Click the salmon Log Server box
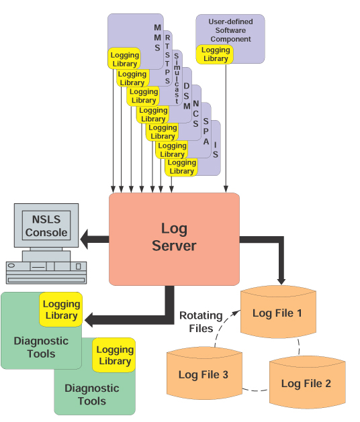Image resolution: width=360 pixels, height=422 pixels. [174, 238]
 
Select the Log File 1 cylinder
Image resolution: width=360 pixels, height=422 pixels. [278, 313]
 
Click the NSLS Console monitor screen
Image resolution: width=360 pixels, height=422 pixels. [46, 226]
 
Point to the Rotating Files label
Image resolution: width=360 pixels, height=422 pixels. [196, 322]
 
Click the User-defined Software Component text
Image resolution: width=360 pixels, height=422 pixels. [230, 30]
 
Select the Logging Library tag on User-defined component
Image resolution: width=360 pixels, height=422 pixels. [215, 54]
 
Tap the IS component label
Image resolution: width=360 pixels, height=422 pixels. [216, 149]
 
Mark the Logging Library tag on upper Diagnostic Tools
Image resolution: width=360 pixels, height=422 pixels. [62, 310]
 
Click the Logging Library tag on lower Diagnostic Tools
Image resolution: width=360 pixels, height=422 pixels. [114, 356]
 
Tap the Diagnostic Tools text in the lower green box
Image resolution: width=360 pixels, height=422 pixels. [91, 394]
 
